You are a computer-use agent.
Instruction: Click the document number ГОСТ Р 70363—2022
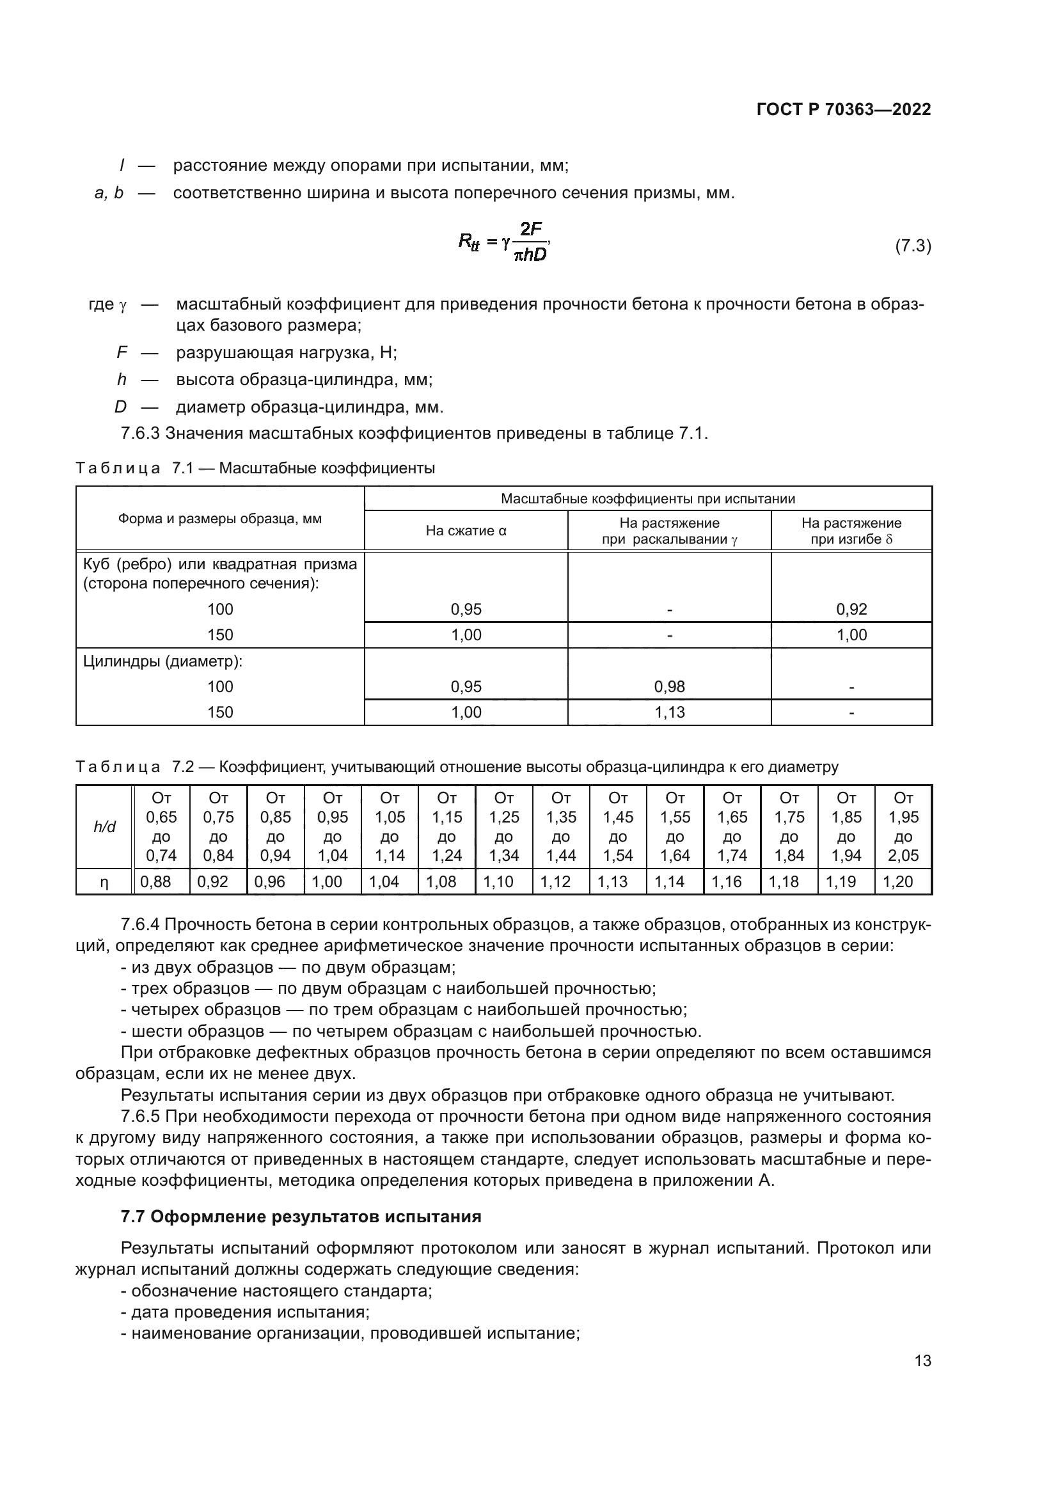pos(844,109)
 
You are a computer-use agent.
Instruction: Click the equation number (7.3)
pos(912,246)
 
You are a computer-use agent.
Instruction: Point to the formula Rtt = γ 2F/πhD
pos(503,242)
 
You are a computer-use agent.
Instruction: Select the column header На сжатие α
pos(466,530)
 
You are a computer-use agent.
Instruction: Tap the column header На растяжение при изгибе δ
pos(851,530)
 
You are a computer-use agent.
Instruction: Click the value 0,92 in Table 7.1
pos(851,610)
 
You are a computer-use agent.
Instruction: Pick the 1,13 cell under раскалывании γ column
pos(669,712)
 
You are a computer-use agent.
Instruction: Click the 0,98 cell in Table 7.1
pos(669,686)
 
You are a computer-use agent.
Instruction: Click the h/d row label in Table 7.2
pos(104,827)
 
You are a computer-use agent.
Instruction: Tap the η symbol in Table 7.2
pos(104,881)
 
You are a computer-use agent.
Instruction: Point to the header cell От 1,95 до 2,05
pos(903,827)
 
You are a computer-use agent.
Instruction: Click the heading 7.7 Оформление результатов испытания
pos(301,1216)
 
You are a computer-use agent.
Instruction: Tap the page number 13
pos(922,1360)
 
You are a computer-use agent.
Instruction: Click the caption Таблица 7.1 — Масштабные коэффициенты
pos(255,468)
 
